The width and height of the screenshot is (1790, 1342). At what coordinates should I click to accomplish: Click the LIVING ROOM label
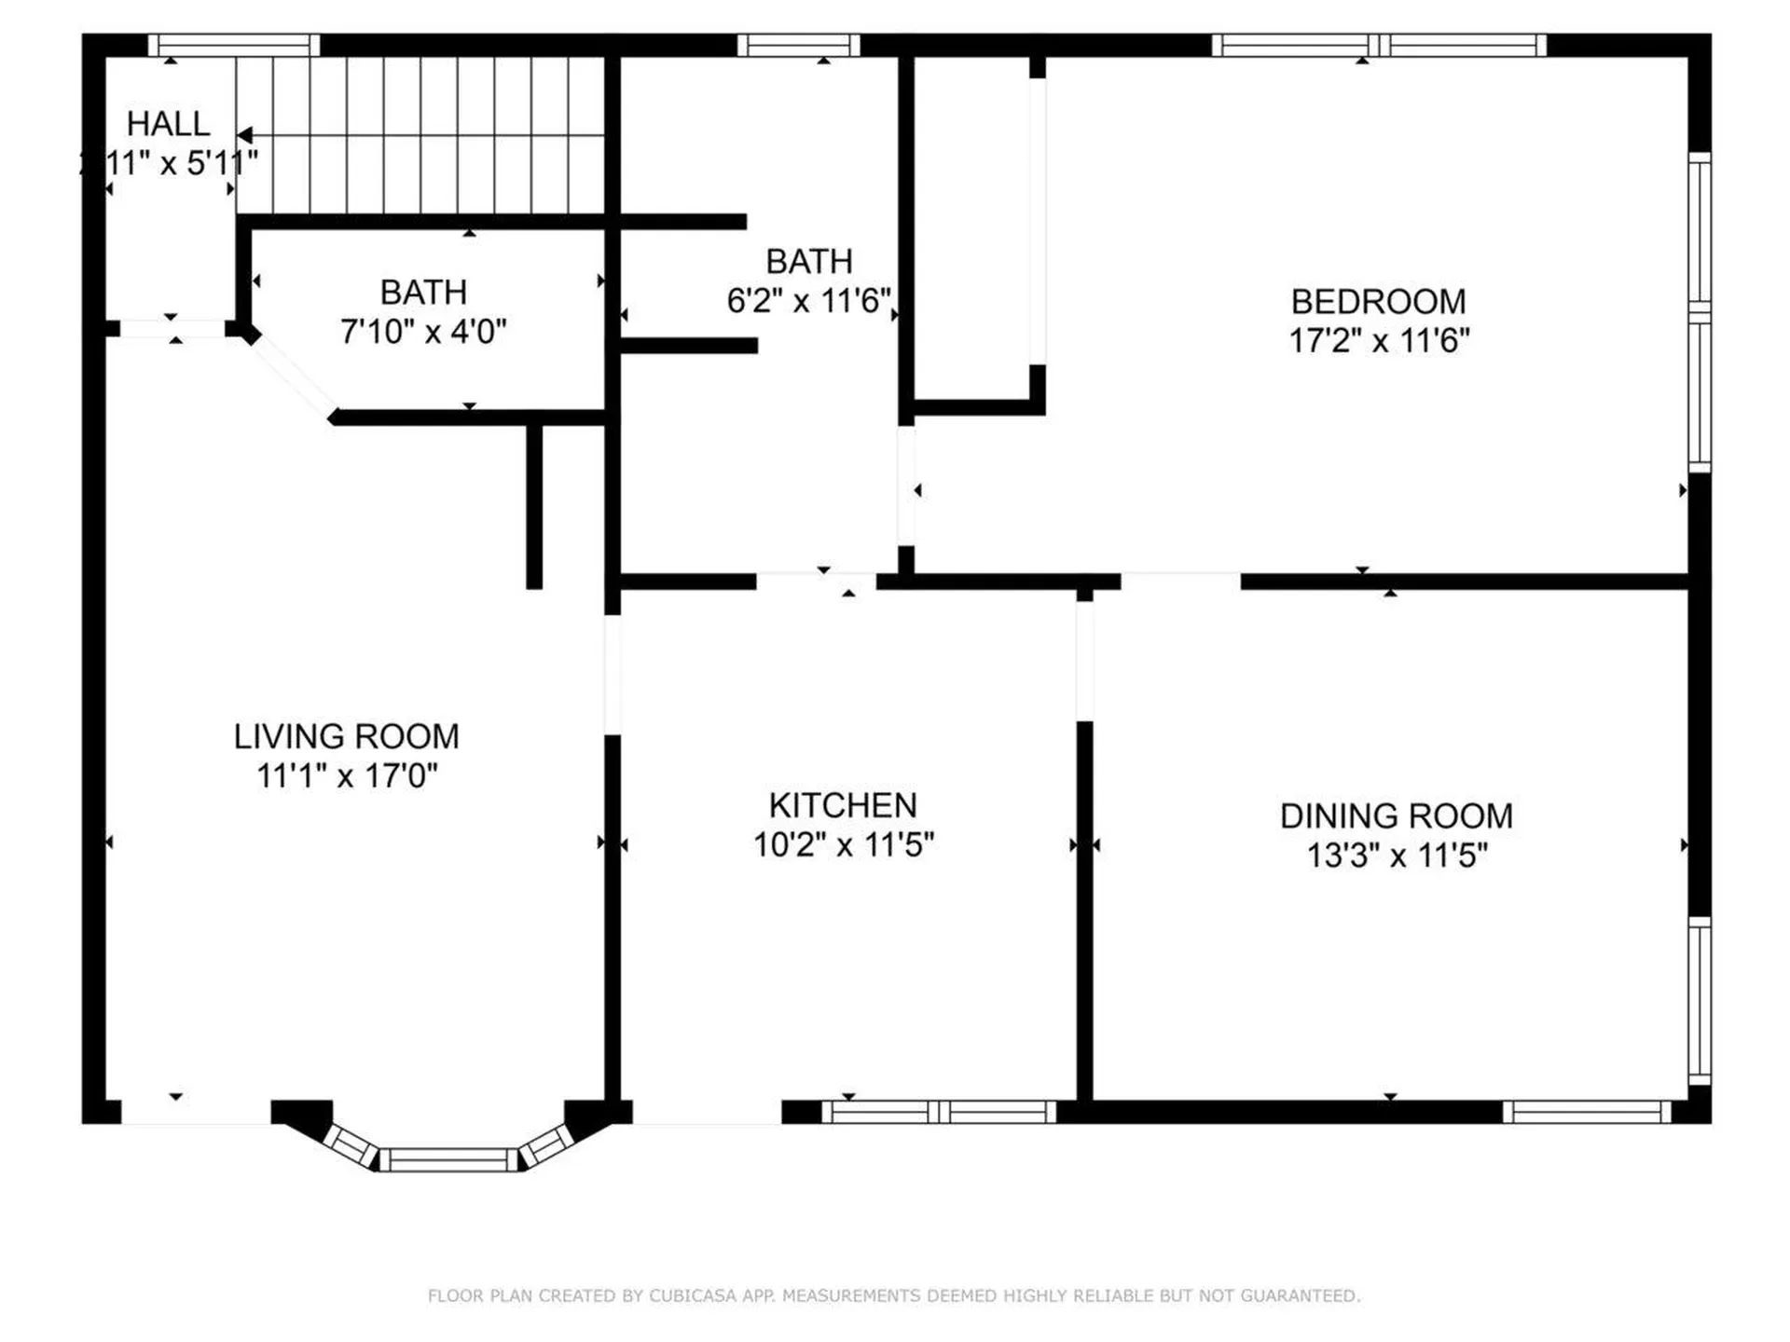tap(346, 736)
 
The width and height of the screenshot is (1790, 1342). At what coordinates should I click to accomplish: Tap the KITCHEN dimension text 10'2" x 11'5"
tap(843, 845)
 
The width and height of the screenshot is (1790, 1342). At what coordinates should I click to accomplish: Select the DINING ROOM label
tap(1396, 815)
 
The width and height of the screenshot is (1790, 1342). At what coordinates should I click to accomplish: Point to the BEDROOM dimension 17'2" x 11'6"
tap(1378, 341)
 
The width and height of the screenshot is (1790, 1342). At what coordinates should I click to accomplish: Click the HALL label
tap(168, 123)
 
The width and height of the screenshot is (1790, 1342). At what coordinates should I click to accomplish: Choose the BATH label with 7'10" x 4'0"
tap(423, 293)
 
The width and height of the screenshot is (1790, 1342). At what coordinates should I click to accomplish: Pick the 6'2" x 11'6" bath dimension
tap(808, 301)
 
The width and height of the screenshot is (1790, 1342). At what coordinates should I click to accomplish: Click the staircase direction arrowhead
tap(244, 136)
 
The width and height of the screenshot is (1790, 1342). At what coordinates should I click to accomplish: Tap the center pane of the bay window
tap(448, 1160)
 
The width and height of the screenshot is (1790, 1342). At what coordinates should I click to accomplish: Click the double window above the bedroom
tap(1379, 45)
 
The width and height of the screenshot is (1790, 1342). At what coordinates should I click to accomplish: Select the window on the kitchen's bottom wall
tap(939, 1112)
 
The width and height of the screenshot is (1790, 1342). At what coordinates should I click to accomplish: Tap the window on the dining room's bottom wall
tap(1587, 1112)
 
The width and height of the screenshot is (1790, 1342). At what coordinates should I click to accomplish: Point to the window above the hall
tap(234, 45)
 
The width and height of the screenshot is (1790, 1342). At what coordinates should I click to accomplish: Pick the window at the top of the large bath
tap(798, 45)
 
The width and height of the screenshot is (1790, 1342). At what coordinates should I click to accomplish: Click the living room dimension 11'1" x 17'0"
tap(346, 775)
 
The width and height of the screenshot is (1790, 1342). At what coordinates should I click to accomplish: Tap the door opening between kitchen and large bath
tap(816, 582)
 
